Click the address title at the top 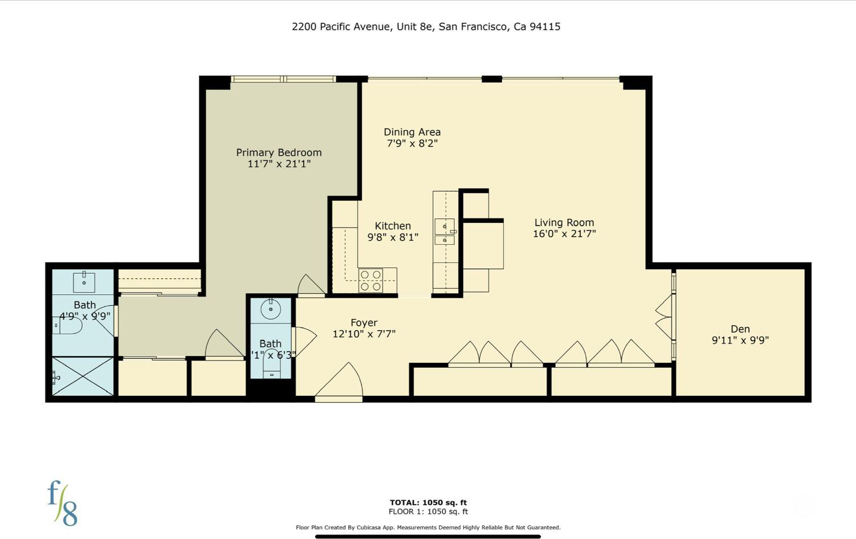(426, 26)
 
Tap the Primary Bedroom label (278, 152)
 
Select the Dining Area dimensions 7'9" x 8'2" (412, 144)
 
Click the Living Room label (564, 222)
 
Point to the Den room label (740, 329)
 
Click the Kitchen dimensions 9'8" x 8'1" (393, 237)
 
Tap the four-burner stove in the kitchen (370, 281)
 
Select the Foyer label (364, 322)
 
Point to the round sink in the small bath (270, 310)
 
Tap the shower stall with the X (83, 376)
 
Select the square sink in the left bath (84, 282)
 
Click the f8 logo (62, 503)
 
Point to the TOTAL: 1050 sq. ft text (428, 502)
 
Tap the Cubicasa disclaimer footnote (428, 528)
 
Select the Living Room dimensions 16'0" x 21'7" (564, 233)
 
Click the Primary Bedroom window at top (283, 79)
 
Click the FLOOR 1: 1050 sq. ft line (428, 512)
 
